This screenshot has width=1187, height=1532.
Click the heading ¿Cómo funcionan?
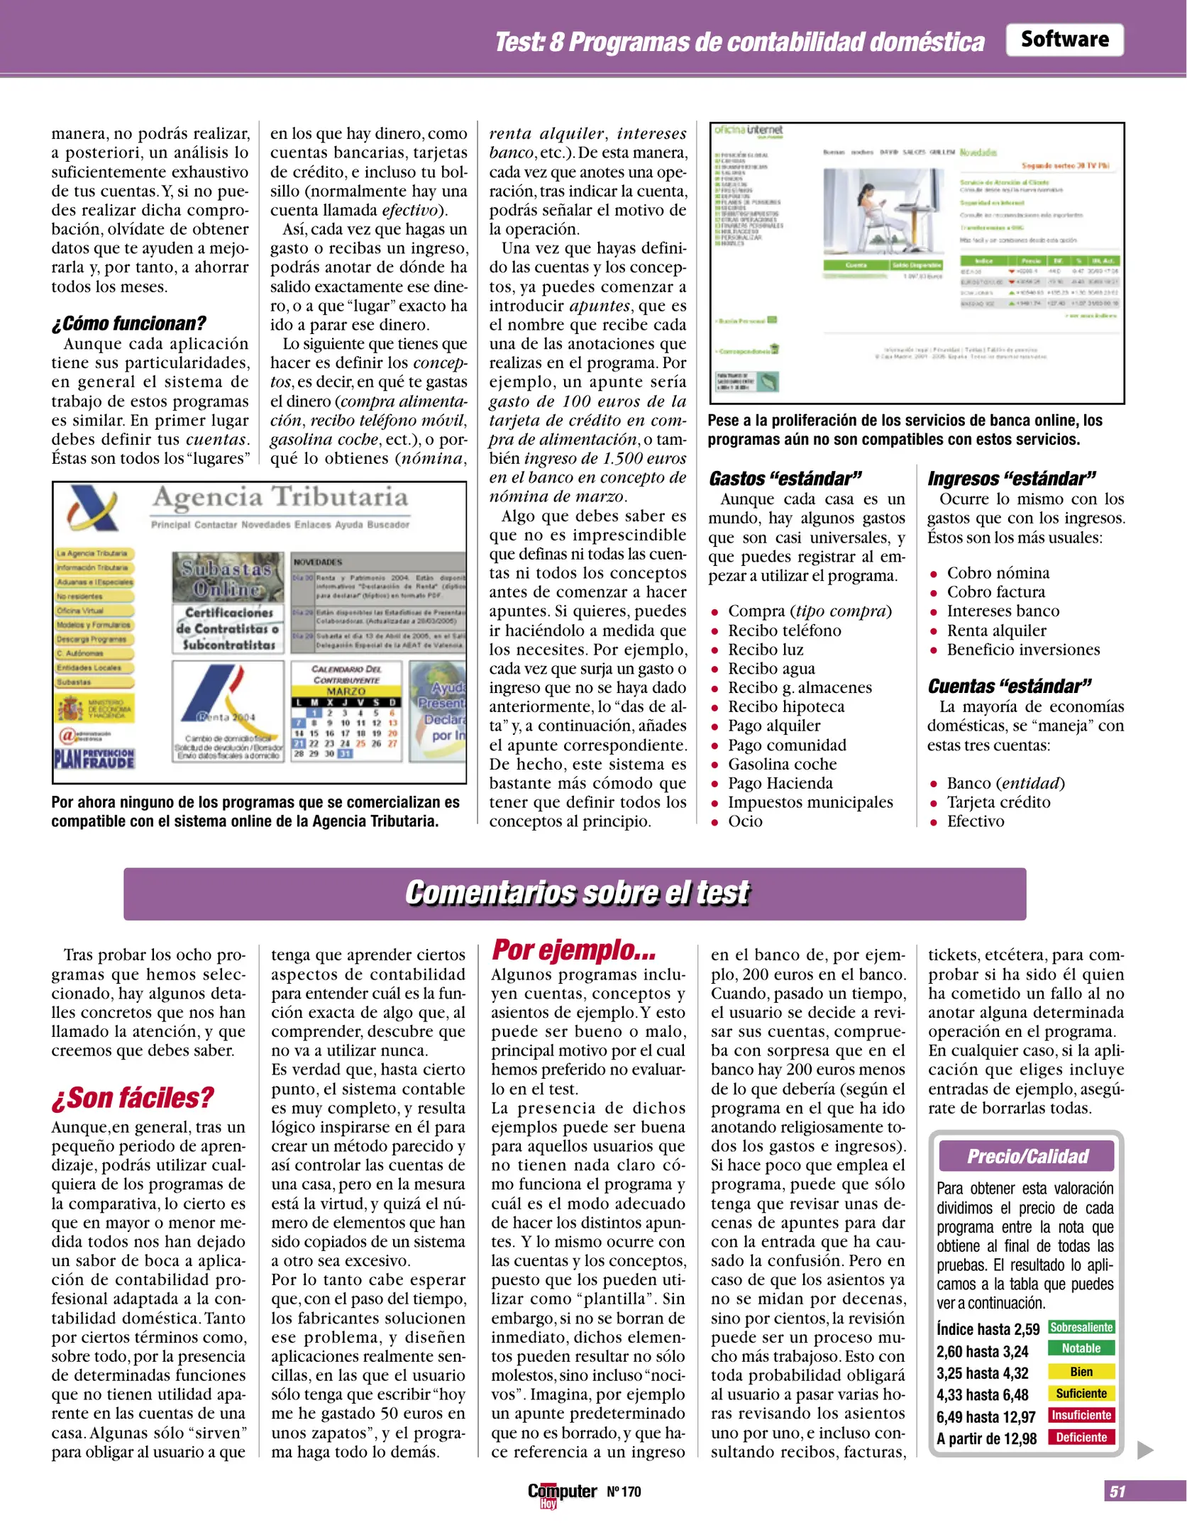(128, 323)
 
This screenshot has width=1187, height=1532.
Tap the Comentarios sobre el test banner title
(576, 893)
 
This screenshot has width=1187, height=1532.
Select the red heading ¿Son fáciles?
(132, 1097)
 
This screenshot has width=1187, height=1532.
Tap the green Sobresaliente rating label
(1081, 1327)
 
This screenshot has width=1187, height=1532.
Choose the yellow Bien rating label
(1081, 1372)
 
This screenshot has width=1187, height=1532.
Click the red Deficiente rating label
(1081, 1438)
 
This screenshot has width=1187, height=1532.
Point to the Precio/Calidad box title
(1027, 1157)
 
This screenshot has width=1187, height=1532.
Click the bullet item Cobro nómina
(998, 572)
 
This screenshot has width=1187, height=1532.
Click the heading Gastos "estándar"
(785, 479)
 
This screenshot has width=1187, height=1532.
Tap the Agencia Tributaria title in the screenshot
(280, 497)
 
